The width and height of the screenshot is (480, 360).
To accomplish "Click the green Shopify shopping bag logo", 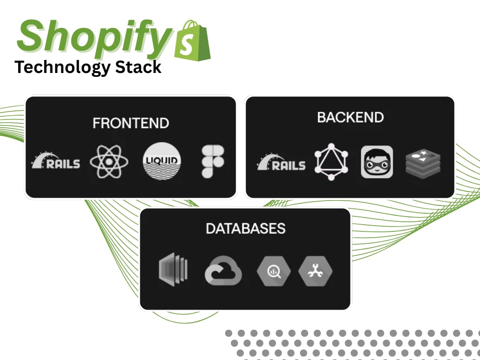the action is pyautogui.click(x=192, y=40).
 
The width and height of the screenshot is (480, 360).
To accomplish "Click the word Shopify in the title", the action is pyautogui.click(x=94, y=38).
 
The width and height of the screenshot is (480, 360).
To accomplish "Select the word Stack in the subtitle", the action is pyautogui.click(x=138, y=67).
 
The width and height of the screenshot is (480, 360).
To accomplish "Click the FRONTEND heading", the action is pyautogui.click(x=131, y=123).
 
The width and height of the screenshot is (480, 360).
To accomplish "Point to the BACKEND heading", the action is pyautogui.click(x=350, y=117).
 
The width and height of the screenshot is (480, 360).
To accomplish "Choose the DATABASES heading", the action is pyautogui.click(x=245, y=228).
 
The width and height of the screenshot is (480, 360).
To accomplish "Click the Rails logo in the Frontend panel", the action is pyautogui.click(x=56, y=160).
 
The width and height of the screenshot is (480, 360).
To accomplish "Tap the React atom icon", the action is pyautogui.click(x=109, y=161).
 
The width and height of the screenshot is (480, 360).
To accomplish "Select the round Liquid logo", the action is pyautogui.click(x=162, y=161).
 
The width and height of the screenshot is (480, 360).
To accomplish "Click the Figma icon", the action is pyautogui.click(x=213, y=161).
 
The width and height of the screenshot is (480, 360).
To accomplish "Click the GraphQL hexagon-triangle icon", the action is pyautogui.click(x=331, y=162).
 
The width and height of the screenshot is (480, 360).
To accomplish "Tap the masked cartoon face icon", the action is pyautogui.click(x=377, y=162).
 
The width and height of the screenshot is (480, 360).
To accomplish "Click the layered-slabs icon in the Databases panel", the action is pyautogui.click(x=173, y=269).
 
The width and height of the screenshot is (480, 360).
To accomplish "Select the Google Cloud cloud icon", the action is pyautogui.click(x=223, y=271).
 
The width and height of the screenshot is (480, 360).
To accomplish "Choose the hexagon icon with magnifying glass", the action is pyautogui.click(x=274, y=271).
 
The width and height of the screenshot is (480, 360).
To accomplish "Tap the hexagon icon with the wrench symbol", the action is pyautogui.click(x=315, y=271).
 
